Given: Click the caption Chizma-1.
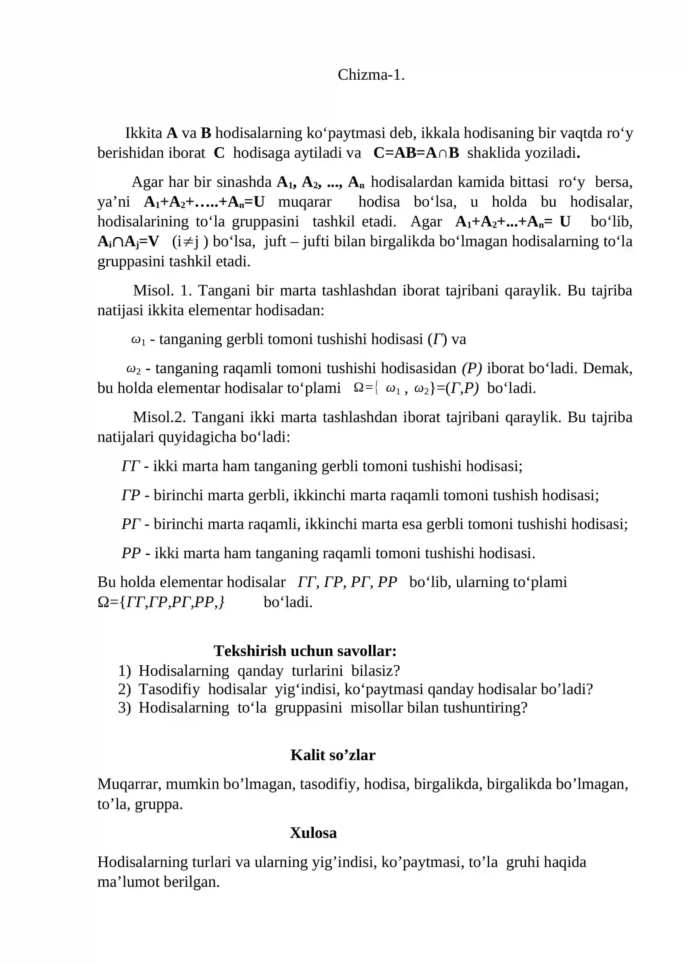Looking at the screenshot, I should pyautogui.click(x=371, y=75).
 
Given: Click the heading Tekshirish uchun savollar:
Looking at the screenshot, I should pyautogui.click(x=305, y=651).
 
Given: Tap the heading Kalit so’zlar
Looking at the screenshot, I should pyautogui.click(x=332, y=755).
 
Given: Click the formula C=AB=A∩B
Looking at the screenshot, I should pyautogui.click(x=416, y=153).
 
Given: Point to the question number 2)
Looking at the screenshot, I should pyautogui.click(x=124, y=689).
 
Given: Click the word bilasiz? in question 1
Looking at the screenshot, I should pyautogui.click(x=376, y=671).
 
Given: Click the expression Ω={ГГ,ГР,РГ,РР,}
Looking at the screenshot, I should pyautogui.click(x=161, y=602).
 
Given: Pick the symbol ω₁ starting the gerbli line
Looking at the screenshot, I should pyautogui.click(x=138, y=340).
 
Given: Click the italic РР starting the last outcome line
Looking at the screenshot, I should pyautogui.click(x=131, y=553).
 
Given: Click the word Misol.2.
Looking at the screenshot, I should pyautogui.click(x=159, y=417).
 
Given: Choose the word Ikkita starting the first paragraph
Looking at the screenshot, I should pyautogui.click(x=143, y=133).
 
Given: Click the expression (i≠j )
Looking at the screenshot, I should pyautogui.click(x=190, y=242).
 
